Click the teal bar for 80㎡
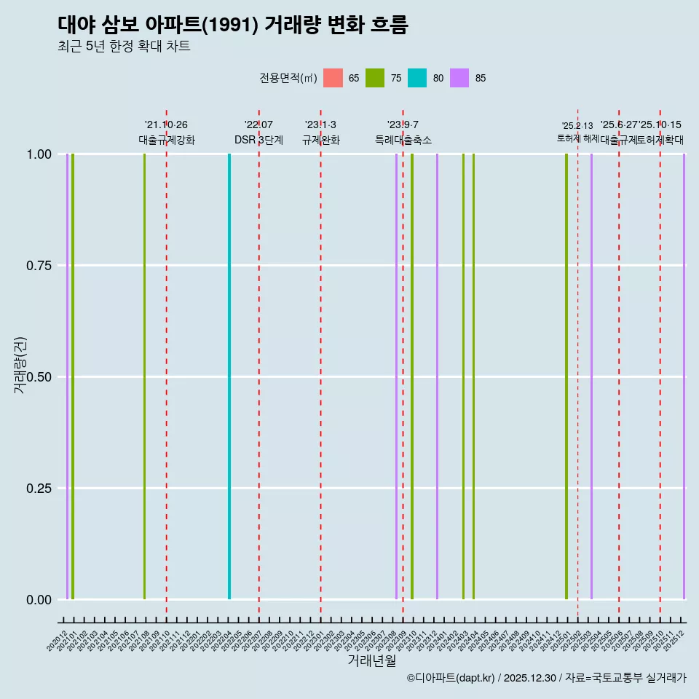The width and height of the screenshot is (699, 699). pos(229,376)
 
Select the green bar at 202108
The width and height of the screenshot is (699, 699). pos(145,376)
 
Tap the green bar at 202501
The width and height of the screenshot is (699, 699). pos(566,376)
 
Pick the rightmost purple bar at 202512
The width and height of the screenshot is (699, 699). pos(684,376)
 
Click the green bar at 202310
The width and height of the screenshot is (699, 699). pos(412,376)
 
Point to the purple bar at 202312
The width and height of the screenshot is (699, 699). pos(437,376)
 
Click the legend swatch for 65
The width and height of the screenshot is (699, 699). pos(333,78)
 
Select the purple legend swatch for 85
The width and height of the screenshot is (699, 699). pos(459,78)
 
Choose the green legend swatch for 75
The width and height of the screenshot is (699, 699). pos(375,78)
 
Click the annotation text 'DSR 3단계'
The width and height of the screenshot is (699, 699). pos(258,140)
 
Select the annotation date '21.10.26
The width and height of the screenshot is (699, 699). pos(166,125)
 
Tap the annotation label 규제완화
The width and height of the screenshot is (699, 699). pos(321,140)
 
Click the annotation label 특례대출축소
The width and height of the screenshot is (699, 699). pos(403,140)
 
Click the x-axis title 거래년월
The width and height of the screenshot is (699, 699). pos(371,660)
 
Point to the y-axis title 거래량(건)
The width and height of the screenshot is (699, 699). pos(20,365)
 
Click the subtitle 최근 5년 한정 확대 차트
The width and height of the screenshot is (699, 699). pos(124,47)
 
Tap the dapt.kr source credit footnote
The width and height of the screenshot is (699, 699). pos(546,678)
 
